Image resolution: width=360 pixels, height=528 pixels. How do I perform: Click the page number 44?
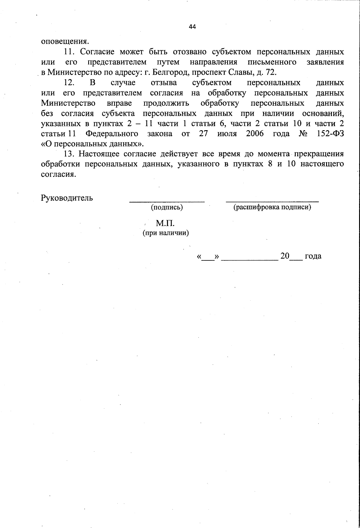pos(192,27)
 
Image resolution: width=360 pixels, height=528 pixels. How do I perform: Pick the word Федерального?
pos(112,133)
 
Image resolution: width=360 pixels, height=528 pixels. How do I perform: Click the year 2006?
pos(255,133)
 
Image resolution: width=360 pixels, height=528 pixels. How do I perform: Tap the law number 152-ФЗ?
pos(330,133)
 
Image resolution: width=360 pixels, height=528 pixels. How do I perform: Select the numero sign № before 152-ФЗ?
pos(303,133)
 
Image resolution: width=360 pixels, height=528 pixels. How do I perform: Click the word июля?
pos(227,133)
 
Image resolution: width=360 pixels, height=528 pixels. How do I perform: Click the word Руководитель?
pos(67,198)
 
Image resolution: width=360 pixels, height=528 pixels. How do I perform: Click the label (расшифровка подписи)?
pos(272,207)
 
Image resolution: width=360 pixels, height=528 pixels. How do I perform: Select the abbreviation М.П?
pos(165,223)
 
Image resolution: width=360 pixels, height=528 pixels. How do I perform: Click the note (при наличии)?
pos(166,233)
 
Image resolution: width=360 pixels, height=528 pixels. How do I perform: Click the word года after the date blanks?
pos(313,256)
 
